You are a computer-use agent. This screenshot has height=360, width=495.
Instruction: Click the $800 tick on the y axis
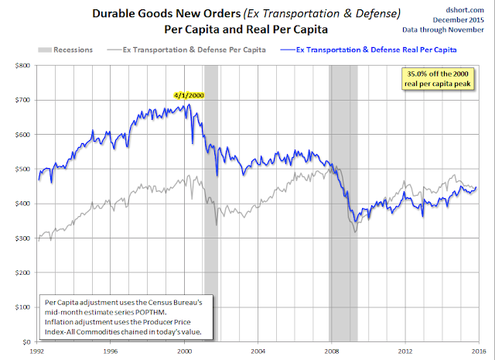23,66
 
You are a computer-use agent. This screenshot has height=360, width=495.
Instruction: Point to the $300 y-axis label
23,238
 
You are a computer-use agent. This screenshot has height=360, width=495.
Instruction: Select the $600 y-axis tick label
23,135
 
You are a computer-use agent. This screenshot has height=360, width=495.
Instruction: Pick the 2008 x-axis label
331,350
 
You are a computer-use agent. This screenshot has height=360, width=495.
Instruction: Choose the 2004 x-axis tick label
258,350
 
